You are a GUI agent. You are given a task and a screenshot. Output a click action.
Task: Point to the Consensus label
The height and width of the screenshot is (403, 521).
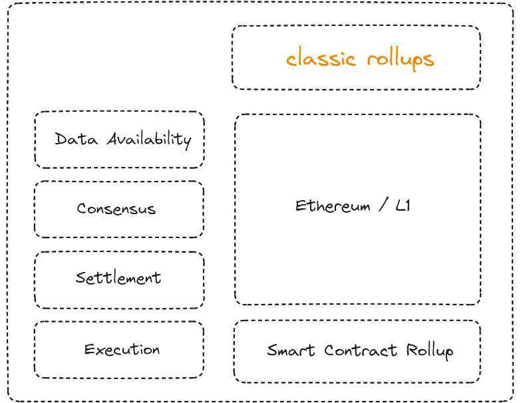pos(116,209)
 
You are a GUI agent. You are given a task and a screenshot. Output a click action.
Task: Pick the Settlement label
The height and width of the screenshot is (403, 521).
pos(118,278)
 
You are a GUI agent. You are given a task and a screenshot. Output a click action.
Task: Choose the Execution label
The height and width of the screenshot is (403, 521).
pos(122,350)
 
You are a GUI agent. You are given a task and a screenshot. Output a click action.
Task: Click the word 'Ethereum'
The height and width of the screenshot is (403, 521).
pos(333,206)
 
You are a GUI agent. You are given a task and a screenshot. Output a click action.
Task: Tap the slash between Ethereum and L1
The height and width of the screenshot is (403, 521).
pos(383,206)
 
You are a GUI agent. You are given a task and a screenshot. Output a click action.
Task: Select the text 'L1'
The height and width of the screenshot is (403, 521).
pos(403,206)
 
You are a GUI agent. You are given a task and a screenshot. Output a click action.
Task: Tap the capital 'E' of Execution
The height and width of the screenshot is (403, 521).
pos(88,350)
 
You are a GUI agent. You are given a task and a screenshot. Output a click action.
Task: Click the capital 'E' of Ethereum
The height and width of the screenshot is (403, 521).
pos(300,206)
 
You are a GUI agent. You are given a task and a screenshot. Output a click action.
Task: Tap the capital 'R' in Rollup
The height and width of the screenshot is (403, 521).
pos(409,350)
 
